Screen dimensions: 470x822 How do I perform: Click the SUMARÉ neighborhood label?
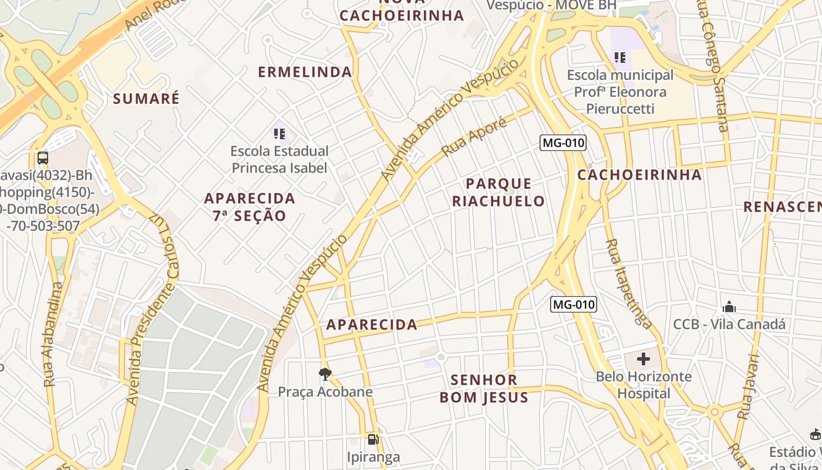pyautogui.click(x=146, y=98)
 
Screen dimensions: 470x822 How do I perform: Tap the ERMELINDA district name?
pyautogui.click(x=305, y=72)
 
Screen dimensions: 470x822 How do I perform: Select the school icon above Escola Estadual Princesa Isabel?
pyautogui.click(x=279, y=134)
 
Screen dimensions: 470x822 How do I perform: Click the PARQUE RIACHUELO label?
pyautogui.click(x=498, y=192)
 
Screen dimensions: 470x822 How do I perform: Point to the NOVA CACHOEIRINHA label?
pyautogui.click(x=402, y=12)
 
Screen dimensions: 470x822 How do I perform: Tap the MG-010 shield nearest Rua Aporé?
pyautogui.click(x=564, y=143)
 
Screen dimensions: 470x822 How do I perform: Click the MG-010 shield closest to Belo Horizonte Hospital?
pyautogui.click(x=574, y=304)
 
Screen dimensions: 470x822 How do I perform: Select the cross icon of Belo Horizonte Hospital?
pyautogui.click(x=644, y=358)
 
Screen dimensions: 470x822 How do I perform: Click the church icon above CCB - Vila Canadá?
pyautogui.click(x=729, y=307)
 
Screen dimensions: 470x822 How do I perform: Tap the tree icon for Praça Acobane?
pyautogui.click(x=325, y=374)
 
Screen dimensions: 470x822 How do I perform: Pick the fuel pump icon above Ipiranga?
pyautogui.click(x=373, y=439)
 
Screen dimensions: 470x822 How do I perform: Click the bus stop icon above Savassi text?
pyautogui.click(x=43, y=157)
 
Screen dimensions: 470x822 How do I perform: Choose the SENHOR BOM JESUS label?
pyautogui.click(x=484, y=388)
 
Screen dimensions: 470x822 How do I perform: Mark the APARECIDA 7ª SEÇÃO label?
pyautogui.click(x=250, y=206)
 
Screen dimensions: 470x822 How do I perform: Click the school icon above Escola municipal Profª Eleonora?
pyautogui.click(x=620, y=58)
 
